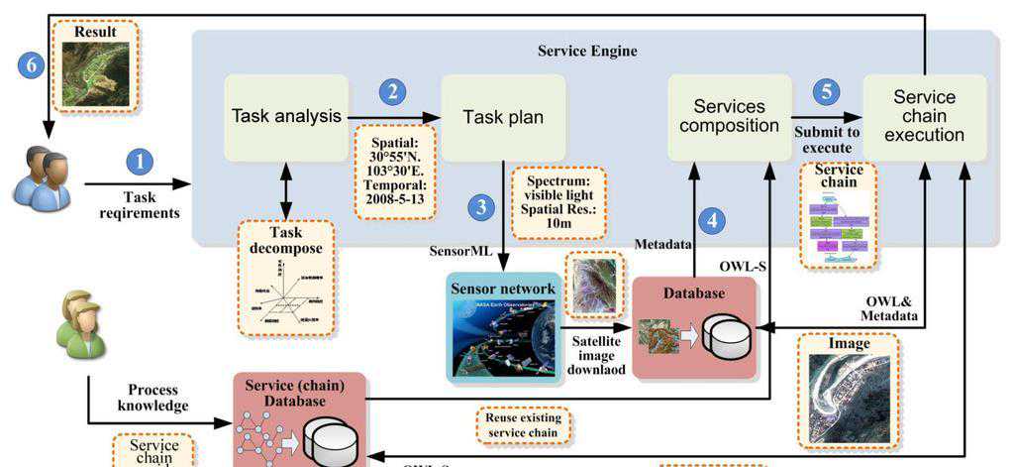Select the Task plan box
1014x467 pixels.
503,117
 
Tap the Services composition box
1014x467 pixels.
729,116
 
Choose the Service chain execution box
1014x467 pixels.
924,117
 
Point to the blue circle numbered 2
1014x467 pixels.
393,92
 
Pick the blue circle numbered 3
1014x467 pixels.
481,207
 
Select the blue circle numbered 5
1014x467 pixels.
826,92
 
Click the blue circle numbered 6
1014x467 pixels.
32,65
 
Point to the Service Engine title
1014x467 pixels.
587,51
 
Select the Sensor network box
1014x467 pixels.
504,328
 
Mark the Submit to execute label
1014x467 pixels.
826,140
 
